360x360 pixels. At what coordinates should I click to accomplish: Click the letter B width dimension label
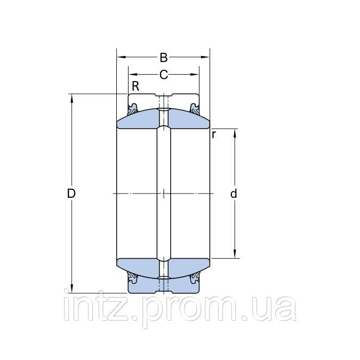pos(164,57)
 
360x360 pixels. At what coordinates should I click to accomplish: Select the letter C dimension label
pos(164,75)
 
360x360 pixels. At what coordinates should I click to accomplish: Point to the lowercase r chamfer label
pos(213,134)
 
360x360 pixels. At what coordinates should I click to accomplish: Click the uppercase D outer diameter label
pos(71,193)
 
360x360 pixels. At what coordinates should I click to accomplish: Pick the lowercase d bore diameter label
pos(233,194)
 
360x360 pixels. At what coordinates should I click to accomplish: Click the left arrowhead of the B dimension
pos(120,57)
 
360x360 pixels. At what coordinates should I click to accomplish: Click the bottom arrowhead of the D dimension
pos(71,290)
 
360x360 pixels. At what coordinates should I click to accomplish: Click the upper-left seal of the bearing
pos(133,107)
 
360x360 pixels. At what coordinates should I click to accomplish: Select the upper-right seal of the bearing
pos(194,107)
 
